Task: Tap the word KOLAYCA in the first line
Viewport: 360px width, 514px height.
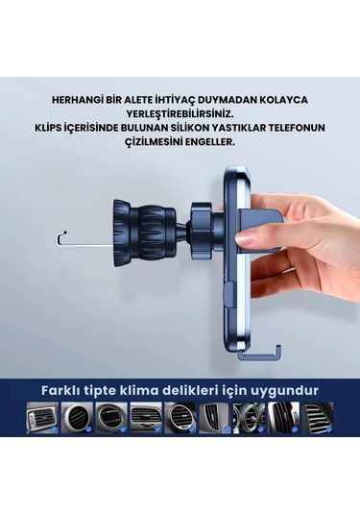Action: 286,99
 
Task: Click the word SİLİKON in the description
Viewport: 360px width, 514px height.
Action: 194,127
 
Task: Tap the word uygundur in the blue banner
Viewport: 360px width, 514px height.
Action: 287,390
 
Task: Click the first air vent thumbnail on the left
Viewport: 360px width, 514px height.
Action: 42,419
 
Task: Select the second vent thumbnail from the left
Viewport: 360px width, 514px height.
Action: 77,419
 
